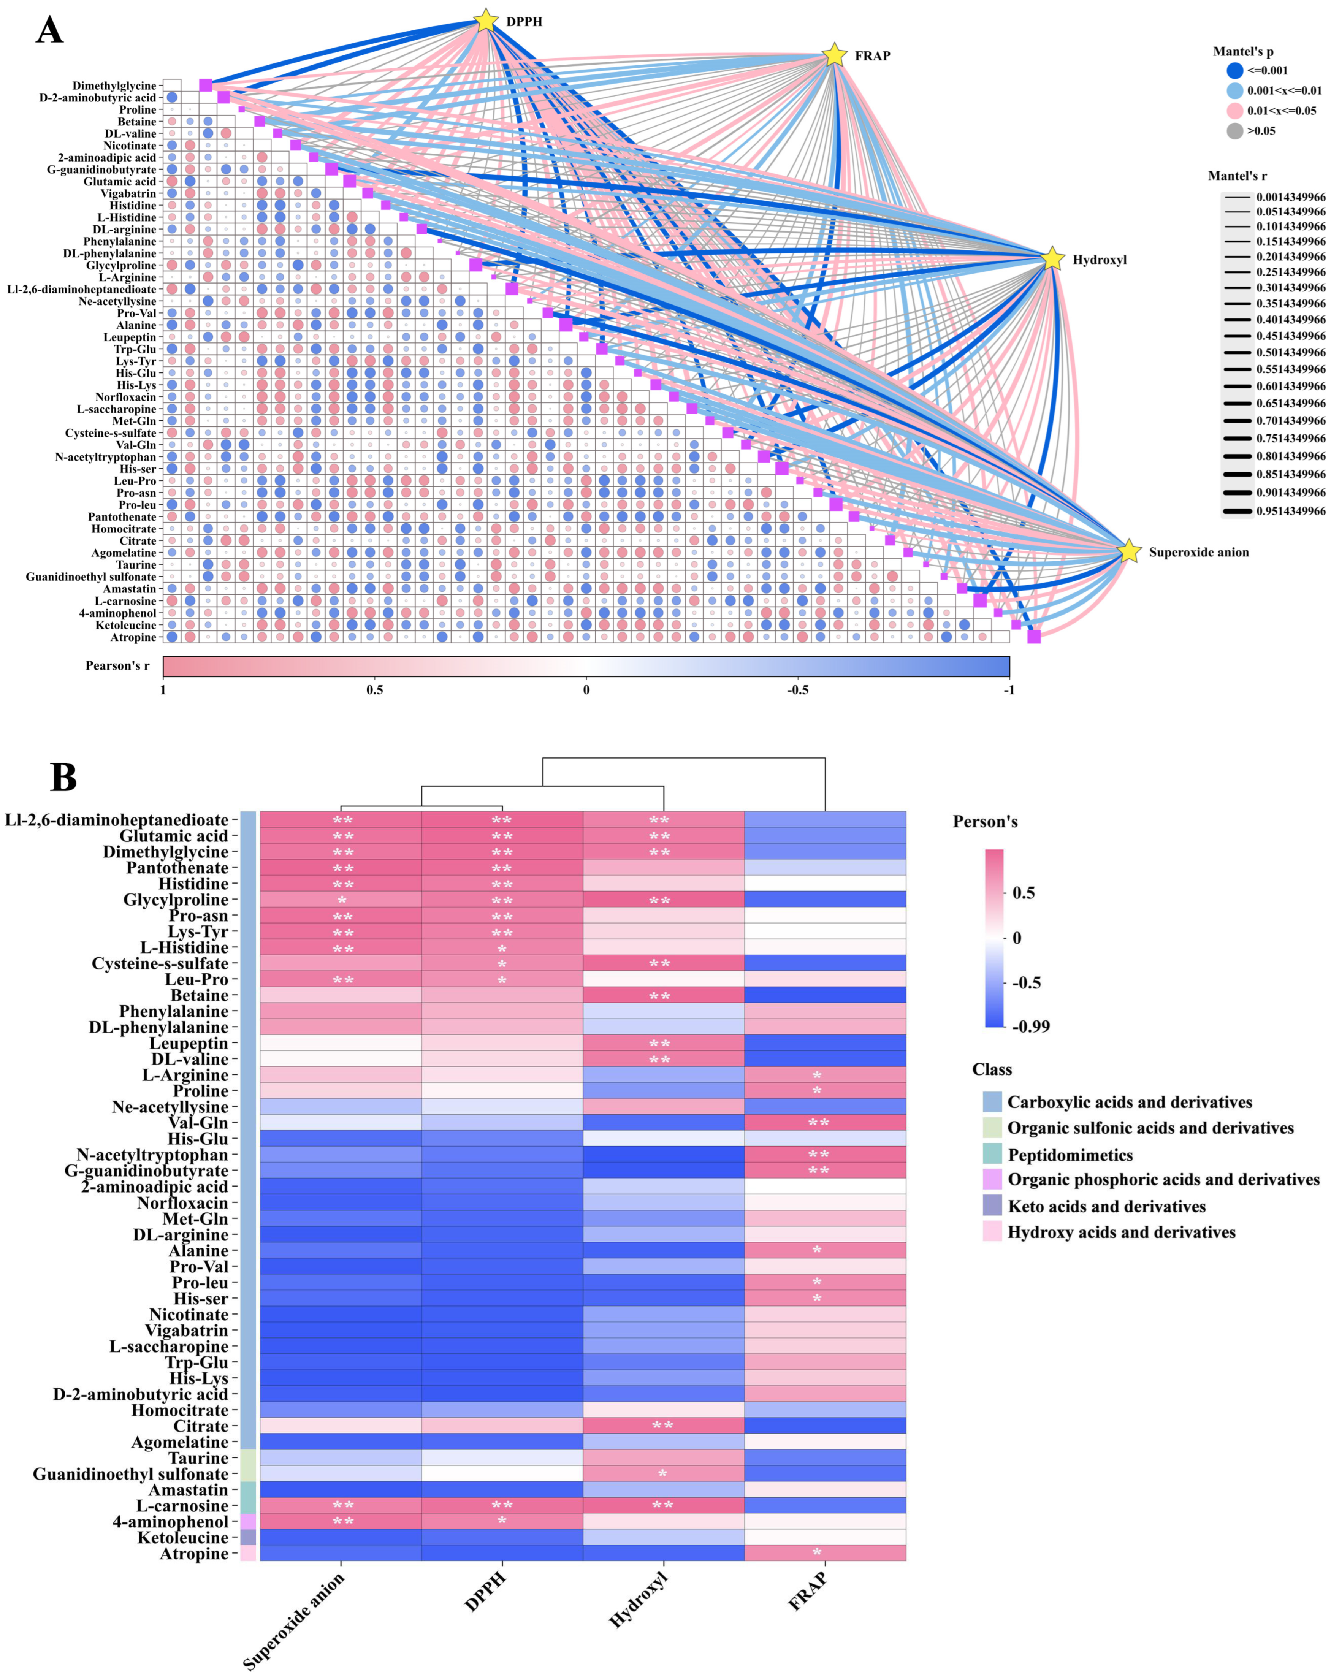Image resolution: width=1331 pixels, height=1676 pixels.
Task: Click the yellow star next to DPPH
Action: point(485,20)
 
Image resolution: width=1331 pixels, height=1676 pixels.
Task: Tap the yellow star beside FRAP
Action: point(833,55)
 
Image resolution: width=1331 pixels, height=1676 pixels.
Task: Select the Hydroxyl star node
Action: point(1052,259)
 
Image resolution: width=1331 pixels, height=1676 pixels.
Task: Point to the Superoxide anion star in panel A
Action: point(1129,552)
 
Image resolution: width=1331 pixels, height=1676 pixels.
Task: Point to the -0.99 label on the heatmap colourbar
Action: point(1031,1026)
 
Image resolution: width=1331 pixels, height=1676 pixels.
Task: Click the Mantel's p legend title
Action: point(1243,51)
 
